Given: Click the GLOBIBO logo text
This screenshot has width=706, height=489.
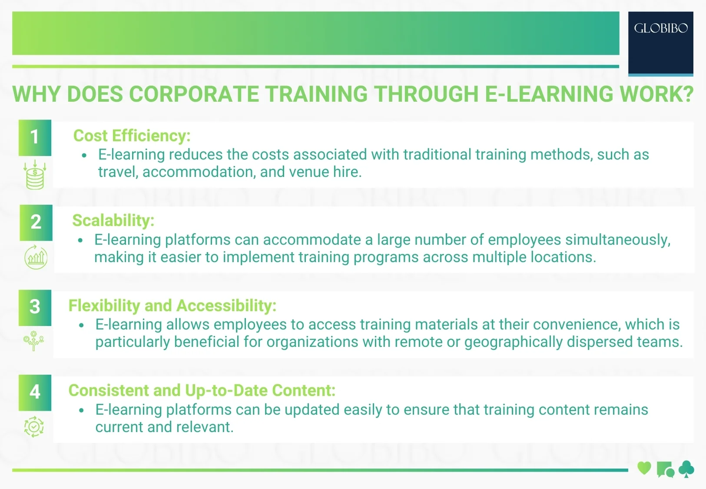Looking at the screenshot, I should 660,29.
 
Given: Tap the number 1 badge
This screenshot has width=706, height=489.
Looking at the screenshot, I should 35,137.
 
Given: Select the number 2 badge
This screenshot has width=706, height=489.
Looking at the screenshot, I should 36,222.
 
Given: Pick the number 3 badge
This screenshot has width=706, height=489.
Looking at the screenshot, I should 35,307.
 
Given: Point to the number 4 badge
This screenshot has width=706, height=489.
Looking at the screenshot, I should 35,392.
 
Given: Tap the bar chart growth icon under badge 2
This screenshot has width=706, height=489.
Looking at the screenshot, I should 36,257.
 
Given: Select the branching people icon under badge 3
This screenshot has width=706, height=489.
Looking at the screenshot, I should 34,341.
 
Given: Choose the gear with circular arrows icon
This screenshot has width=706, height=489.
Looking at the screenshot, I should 34,426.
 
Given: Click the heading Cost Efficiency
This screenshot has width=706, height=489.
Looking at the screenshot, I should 132,136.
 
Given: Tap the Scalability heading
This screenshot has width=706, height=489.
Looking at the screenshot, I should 113,221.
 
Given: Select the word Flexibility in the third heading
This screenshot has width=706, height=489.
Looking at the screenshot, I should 104,306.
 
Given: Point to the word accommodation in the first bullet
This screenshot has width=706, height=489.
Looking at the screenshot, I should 199,172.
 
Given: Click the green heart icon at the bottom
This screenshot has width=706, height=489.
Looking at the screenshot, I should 644,468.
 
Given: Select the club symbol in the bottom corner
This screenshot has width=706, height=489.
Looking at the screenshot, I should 686,469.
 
